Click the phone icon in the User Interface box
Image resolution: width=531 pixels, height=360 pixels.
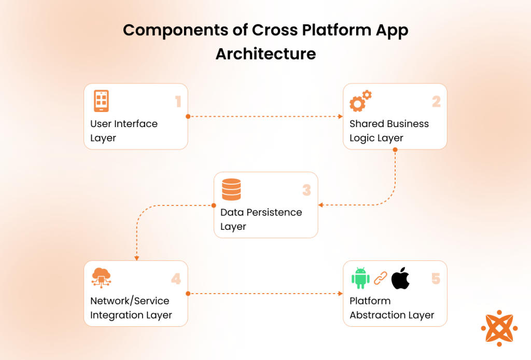(101, 101)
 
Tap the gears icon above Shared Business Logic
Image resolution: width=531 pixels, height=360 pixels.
(360, 101)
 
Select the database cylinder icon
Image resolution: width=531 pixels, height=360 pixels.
(231, 189)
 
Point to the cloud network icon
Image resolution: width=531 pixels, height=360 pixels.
(101, 278)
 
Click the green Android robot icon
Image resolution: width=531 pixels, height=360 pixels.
(360, 278)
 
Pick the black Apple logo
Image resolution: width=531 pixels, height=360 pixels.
(400, 278)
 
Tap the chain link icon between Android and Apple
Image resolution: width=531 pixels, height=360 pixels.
(381, 278)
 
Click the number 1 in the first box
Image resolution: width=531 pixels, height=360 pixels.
(178, 101)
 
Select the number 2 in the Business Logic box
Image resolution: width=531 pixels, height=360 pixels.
(436, 101)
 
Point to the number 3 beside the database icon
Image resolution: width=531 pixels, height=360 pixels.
(306, 190)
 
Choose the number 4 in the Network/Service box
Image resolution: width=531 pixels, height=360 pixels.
(176, 279)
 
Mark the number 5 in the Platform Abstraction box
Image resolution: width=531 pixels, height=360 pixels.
(436, 279)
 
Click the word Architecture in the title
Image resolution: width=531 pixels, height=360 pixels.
(265, 53)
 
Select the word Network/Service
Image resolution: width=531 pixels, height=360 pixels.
(130, 301)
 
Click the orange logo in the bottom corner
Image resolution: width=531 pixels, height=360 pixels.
(499, 328)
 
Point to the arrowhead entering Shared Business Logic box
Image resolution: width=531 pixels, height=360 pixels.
(341, 117)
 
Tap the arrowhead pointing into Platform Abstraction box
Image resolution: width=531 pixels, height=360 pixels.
(341, 294)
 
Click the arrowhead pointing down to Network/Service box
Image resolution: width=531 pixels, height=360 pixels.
(136, 258)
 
